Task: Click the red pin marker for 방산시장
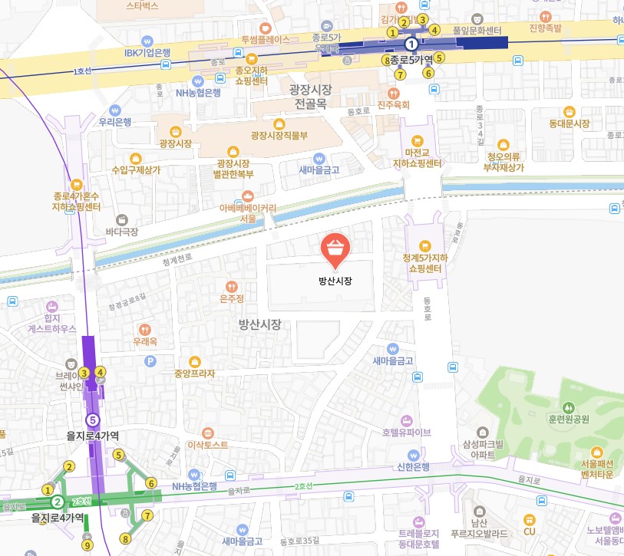[x=335, y=248]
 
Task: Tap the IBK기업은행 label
[x=147, y=53]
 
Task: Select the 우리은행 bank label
[x=115, y=121]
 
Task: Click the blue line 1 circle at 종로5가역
[x=411, y=44]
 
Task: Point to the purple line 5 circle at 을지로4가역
[x=93, y=419]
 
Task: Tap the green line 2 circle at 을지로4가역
[x=57, y=502]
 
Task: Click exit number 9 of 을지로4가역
[x=87, y=545]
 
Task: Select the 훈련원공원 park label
[x=569, y=419]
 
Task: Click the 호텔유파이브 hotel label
[x=407, y=431]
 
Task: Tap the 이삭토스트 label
[x=207, y=444]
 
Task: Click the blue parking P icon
[x=151, y=360]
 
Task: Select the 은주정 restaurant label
[x=231, y=298]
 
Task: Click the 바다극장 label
[x=122, y=230]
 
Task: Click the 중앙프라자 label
[x=194, y=373]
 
